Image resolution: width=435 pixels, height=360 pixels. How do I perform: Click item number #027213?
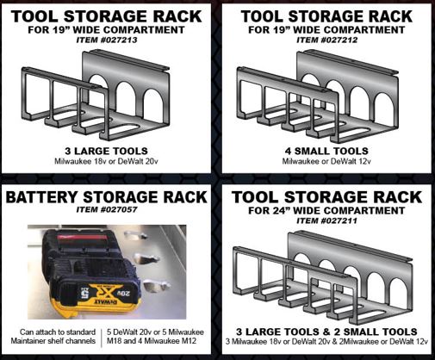[107, 40]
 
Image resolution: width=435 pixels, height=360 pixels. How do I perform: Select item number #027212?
[327, 40]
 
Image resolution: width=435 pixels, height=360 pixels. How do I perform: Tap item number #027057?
[107, 209]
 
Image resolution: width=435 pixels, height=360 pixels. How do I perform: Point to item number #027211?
[327, 220]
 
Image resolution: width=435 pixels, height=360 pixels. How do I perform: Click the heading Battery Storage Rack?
[106, 197]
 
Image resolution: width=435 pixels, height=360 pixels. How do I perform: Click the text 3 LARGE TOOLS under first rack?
[106, 151]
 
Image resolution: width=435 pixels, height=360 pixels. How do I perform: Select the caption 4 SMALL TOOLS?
[326, 151]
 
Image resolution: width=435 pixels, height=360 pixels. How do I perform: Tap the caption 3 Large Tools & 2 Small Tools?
[326, 332]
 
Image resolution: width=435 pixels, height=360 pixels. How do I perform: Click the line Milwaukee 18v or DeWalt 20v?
[106, 161]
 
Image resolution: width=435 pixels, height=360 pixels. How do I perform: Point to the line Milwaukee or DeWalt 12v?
[326, 161]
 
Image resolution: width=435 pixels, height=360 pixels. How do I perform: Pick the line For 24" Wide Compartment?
[326, 210]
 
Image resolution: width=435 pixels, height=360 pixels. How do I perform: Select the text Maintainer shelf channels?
[53, 341]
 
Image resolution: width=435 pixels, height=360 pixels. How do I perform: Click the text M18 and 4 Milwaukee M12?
[152, 341]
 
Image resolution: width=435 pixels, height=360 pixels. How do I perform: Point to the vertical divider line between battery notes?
[102, 338]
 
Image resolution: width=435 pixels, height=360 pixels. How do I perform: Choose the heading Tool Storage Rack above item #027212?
[326, 16]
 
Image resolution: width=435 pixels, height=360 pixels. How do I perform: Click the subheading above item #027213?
[106, 30]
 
